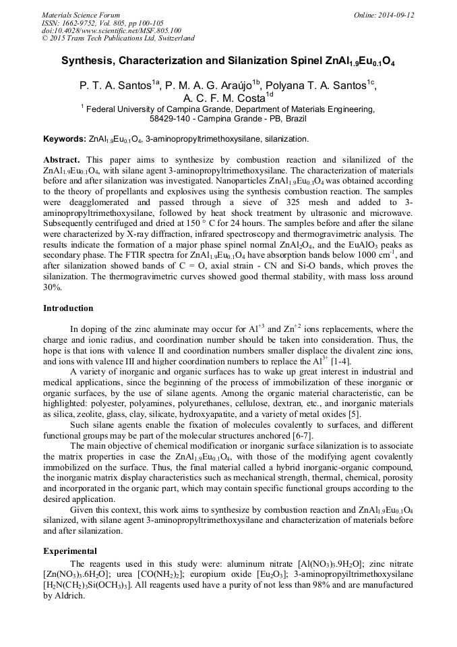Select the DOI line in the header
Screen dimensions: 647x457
coord(111,31)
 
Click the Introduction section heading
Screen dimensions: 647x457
coord(68,308)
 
